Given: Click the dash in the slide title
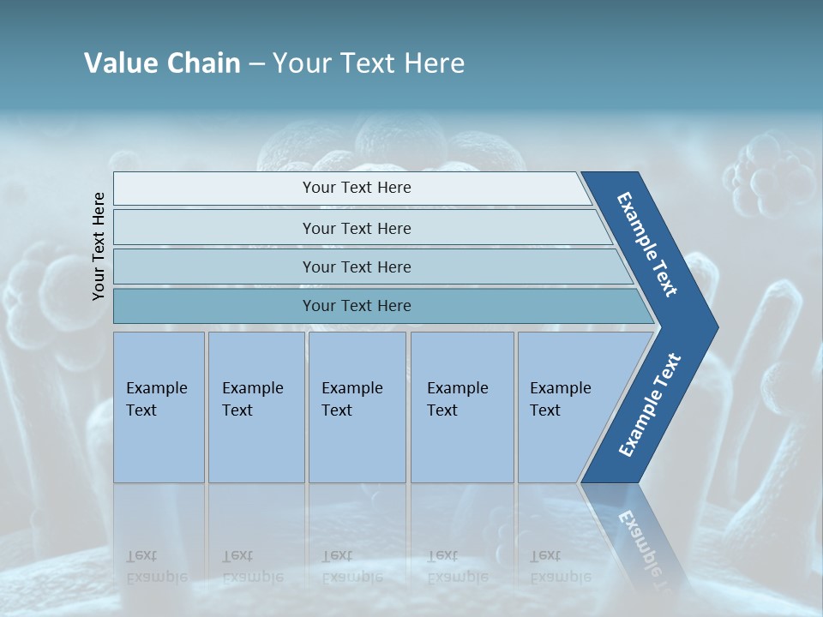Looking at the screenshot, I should point(256,64).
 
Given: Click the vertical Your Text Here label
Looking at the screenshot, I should point(99,246).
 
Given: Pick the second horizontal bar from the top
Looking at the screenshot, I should point(356,228).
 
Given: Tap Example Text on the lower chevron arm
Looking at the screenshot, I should point(649,405).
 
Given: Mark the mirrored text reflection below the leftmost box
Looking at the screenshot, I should point(157,566).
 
